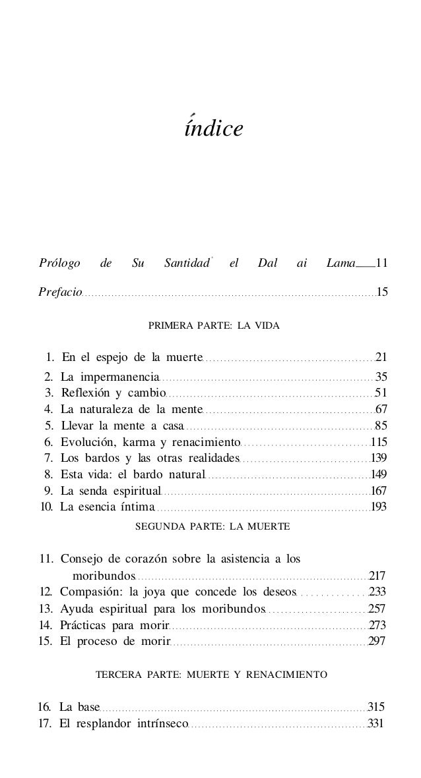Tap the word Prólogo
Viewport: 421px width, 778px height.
[x=59, y=264]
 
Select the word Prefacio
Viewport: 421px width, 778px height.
[x=60, y=291]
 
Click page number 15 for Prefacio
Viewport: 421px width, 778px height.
[x=381, y=291]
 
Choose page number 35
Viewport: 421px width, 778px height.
[x=381, y=377]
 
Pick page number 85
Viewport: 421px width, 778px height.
[x=381, y=426]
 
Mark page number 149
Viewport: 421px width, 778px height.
[x=379, y=474]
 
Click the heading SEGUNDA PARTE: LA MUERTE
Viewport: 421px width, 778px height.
[x=212, y=527]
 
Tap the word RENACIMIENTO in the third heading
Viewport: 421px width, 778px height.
[x=291, y=675]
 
